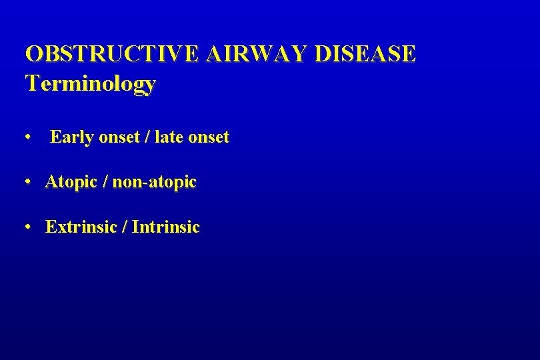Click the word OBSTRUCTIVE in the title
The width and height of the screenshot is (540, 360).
tap(111, 54)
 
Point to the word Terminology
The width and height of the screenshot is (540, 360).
tap(91, 84)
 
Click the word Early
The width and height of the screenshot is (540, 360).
tap(71, 137)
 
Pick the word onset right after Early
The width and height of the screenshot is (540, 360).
tap(119, 138)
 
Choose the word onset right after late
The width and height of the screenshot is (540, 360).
tap(209, 138)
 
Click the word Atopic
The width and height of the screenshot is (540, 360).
tap(70, 182)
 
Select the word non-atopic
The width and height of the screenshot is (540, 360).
tap(155, 182)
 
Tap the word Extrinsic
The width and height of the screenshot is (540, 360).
tap(79, 227)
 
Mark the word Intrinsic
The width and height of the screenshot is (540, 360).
tap(166, 227)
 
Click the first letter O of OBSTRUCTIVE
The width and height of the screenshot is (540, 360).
tap(33, 54)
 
